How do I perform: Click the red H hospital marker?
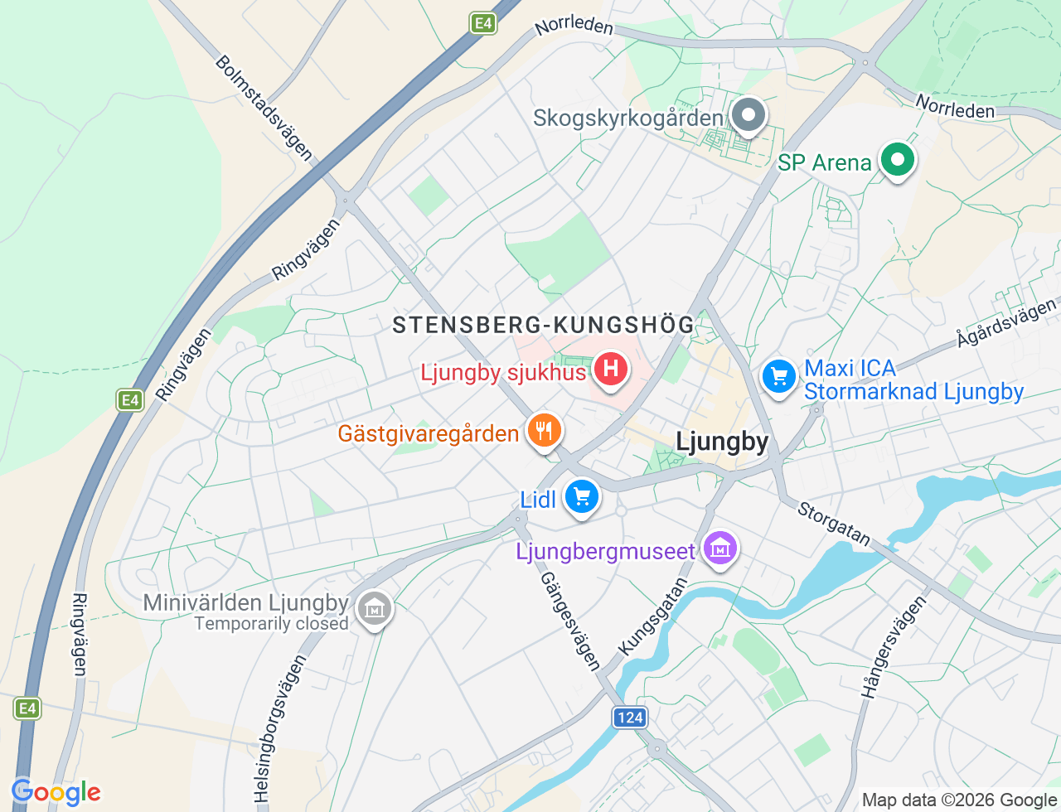pyautogui.click(x=611, y=368)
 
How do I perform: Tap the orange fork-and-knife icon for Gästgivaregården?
pyautogui.click(x=544, y=431)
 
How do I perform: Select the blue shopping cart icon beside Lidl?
pyautogui.click(x=582, y=496)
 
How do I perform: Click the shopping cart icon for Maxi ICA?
pyautogui.click(x=778, y=377)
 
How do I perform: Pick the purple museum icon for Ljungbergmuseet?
pyautogui.click(x=720, y=548)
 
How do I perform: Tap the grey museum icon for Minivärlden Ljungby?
pyautogui.click(x=374, y=609)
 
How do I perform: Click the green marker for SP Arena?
pyautogui.click(x=896, y=158)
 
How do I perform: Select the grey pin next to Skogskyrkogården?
pyautogui.click(x=749, y=116)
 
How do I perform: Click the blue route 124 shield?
pyautogui.click(x=630, y=718)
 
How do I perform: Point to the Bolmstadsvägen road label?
pyautogui.click(x=264, y=108)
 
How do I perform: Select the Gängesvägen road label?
pyautogui.click(x=570, y=621)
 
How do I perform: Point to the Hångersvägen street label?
pyautogui.click(x=893, y=647)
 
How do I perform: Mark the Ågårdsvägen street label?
pyautogui.click(x=1006, y=322)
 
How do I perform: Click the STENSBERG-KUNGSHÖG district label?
pyautogui.click(x=543, y=325)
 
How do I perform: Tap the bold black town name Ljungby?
pyautogui.click(x=722, y=442)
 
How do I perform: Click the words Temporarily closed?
pyautogui.click(x=271, y=623)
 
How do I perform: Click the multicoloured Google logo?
pyautogui.click(x=56, y=792)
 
